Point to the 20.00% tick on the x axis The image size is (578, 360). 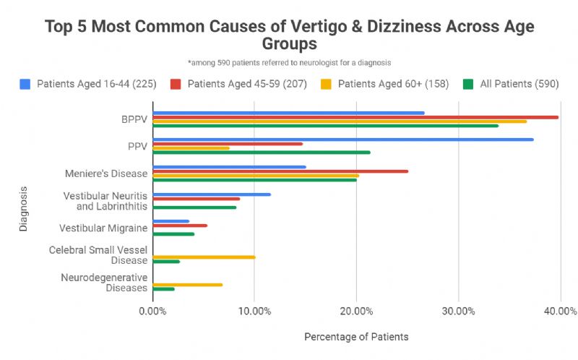click(x=356, y=311)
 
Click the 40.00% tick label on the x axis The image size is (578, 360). click(x=560, y=311)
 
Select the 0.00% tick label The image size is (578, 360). click(x=152, y=311)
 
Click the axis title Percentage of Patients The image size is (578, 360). click(x=356, y=337)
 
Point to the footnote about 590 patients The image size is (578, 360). click(x=289, y=64)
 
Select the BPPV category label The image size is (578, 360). click(x=134, y=119)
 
